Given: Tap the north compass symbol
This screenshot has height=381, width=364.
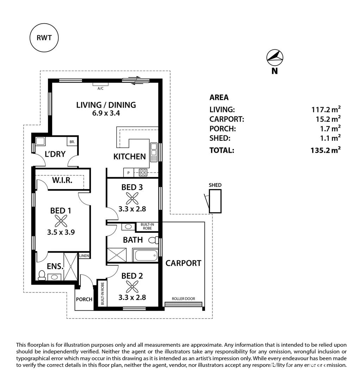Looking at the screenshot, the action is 275,58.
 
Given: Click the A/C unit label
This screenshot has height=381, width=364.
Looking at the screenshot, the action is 100,89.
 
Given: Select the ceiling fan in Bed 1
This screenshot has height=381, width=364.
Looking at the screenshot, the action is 61,221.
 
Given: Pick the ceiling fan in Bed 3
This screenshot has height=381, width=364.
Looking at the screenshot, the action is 132,198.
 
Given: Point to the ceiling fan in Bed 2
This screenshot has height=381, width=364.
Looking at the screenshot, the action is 132,287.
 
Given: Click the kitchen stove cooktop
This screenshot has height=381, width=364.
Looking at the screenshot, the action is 143,173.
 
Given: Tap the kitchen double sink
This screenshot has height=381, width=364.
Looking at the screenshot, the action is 154,152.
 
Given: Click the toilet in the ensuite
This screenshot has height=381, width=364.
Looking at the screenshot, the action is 42,275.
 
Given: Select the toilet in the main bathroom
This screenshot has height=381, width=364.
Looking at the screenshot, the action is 153,240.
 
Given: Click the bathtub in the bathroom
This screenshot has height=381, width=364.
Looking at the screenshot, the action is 146,255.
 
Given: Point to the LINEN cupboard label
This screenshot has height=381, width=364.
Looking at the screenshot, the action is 84,256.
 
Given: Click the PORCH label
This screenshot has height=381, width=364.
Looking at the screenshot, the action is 84,300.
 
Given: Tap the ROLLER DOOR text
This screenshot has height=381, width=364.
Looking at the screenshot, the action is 184,299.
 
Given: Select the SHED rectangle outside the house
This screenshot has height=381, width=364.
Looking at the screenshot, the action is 215,201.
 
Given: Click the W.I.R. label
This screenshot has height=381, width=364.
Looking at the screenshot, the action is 62,180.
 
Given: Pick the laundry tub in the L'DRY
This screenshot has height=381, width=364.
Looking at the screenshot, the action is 40,141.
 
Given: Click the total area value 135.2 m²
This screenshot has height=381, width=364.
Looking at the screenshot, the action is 326,150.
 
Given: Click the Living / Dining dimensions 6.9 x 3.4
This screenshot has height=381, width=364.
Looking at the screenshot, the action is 106,113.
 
